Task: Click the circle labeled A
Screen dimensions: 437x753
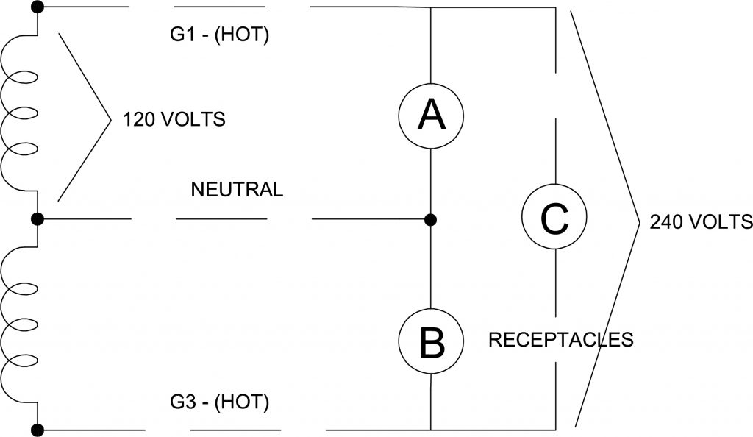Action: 431,114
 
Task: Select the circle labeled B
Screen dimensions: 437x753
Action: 431,341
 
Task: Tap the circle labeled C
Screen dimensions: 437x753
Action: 553,217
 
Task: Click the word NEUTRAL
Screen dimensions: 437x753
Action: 237,189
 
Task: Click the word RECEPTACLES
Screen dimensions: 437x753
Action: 560,340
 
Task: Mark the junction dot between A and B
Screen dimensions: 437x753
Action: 431,219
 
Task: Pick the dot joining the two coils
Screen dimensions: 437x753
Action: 38,219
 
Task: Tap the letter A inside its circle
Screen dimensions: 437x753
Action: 431,114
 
